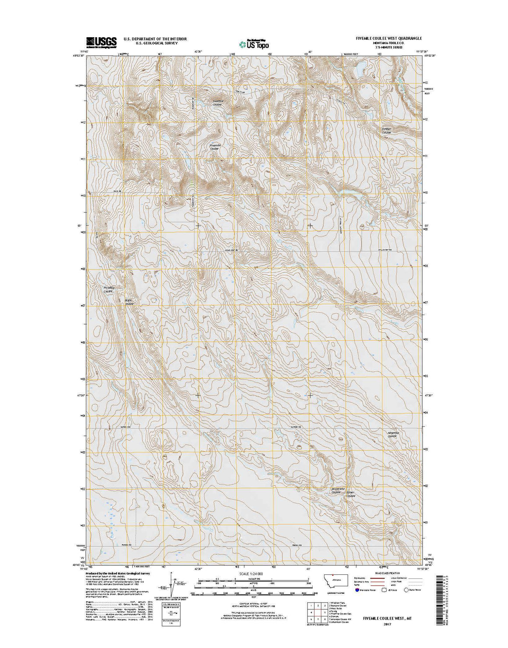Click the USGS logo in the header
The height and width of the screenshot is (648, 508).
click(x=101, y=42)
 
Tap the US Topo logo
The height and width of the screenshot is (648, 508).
click(x=254, y=43)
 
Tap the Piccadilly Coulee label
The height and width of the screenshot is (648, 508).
click(x=108, y=289)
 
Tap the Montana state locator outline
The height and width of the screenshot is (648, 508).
click(x=337, y=581)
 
